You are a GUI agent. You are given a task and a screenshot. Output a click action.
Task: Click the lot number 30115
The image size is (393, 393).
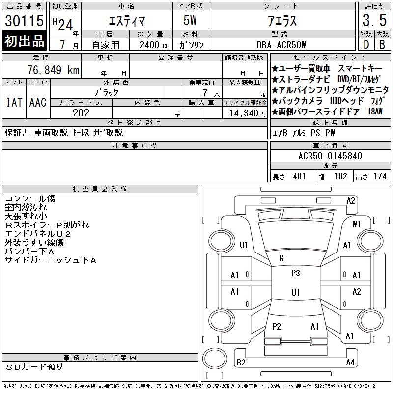click(x=24, y=20)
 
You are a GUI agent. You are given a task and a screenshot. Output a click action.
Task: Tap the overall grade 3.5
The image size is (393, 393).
click(x=374, y=20)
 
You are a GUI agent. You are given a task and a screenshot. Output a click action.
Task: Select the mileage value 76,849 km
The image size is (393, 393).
click(x=53, y=70)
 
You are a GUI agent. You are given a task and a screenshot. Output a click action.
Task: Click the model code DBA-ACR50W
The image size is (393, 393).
click(x=281, y=45)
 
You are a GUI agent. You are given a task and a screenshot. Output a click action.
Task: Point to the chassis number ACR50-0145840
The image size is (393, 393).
click(x=330, y=156)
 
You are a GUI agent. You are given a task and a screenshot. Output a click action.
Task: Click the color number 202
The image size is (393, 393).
click(x=81, y=113)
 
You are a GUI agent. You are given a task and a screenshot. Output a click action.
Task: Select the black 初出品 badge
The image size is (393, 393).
click(x=24, y=41)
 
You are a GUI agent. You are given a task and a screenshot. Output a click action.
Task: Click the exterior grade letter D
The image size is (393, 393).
click(x=366, y=45)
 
